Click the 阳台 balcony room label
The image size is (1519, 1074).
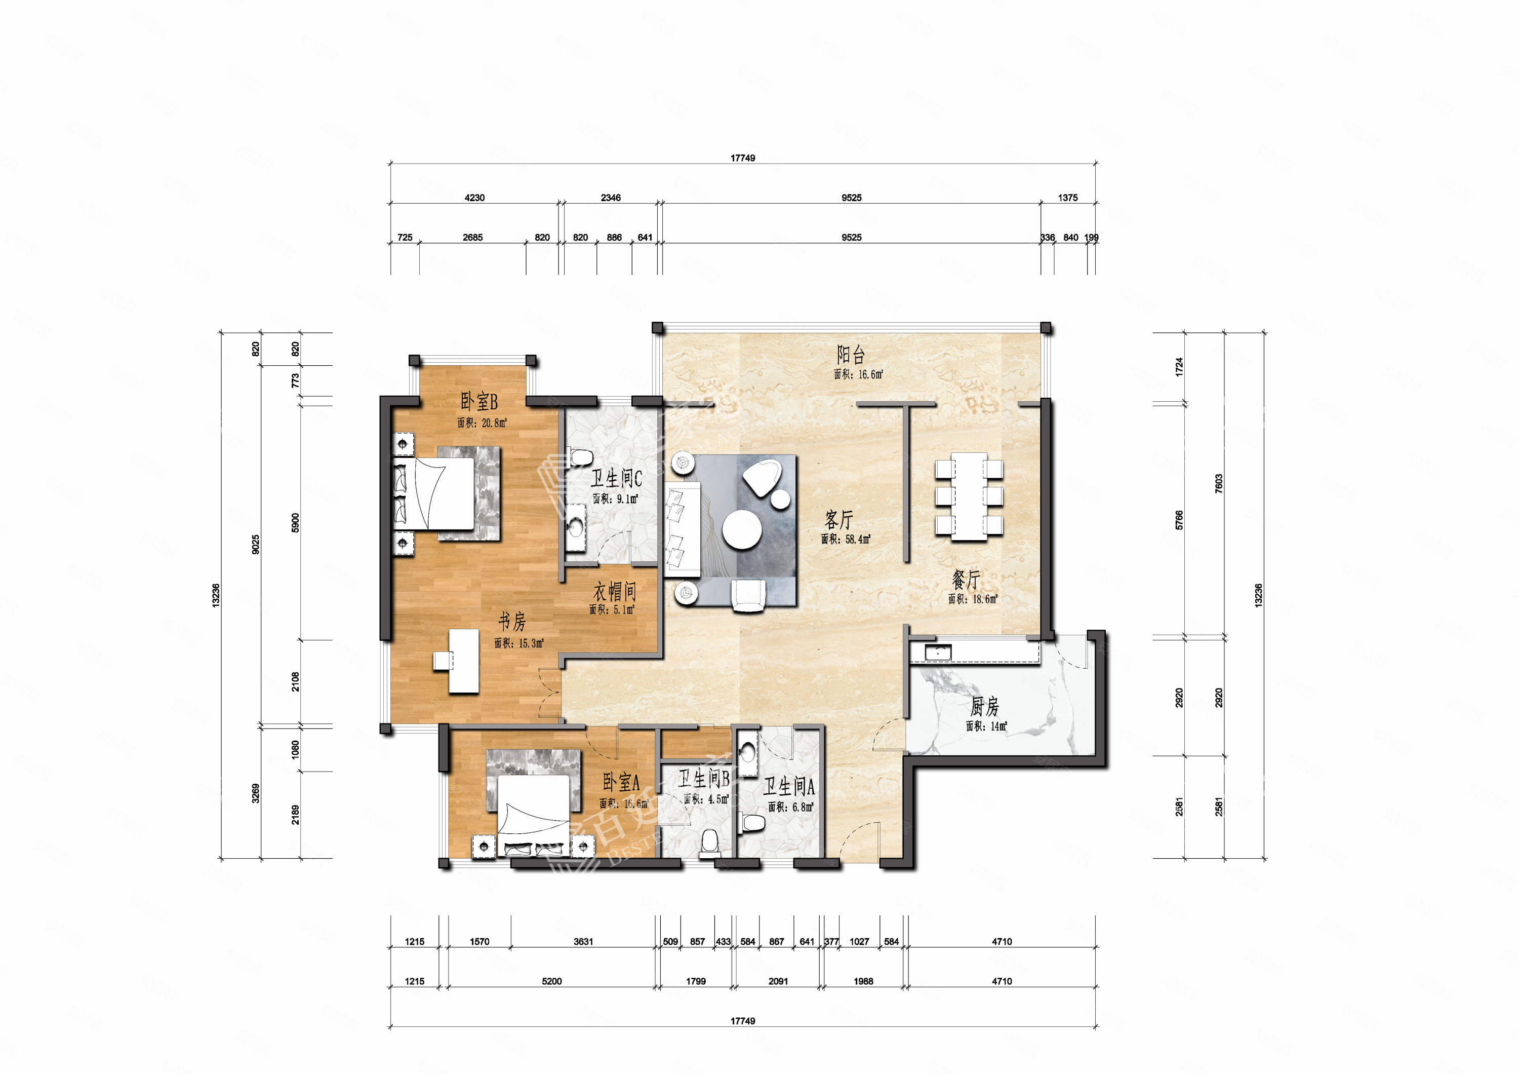point(851,355)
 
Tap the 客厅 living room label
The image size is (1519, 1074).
point(839,519)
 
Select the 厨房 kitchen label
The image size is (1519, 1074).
point(984,707)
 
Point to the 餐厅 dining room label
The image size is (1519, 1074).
point(966,580)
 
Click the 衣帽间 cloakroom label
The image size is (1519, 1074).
point(615,591)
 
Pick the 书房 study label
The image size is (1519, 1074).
point(512,622)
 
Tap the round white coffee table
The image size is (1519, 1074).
point(742,529)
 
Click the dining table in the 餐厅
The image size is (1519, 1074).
point(969,496)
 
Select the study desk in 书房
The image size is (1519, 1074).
point(464,661)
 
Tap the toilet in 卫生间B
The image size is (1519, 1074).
point(710,842)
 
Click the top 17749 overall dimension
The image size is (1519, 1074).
point(742,158)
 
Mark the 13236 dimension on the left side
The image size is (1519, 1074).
point(216,596)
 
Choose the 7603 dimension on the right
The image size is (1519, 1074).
point(1219,484)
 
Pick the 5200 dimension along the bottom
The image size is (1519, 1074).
point(552,981)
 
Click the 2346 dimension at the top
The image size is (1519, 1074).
point(611,198)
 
